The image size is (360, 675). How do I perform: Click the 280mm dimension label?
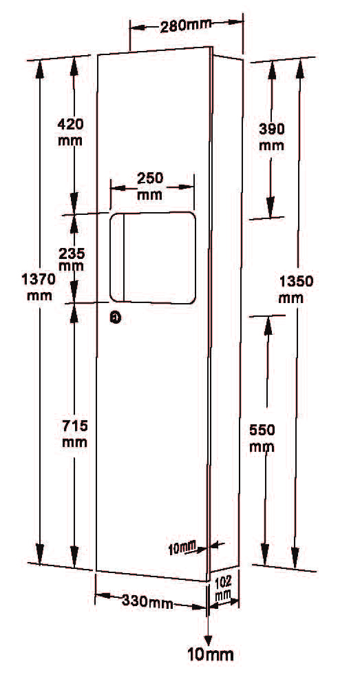(x=186, y=26)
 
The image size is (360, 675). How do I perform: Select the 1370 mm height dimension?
(x=39, y=287)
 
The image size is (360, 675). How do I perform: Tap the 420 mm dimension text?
(x=71, y=132)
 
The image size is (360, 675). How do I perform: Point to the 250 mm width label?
(x=150, y=186)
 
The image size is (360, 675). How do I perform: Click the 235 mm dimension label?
(x=72, y=259)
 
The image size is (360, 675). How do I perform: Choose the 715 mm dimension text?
(x=75, y=434)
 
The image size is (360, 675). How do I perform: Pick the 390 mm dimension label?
(x=271, y=136)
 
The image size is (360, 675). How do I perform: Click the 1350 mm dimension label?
(x=297, y=289)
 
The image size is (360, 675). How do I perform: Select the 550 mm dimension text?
(x=262, y=438)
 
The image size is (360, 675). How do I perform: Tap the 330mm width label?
(x=147, y=601)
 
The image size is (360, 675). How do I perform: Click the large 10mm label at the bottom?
(x=211, y=655)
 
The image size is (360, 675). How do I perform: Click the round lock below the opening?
(x=115, y=318)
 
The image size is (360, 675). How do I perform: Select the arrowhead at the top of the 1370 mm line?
(x=39, y=70)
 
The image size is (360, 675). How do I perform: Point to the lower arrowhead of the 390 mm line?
(x=271, y=207)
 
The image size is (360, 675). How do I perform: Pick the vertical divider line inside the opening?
(x=125, y=257)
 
